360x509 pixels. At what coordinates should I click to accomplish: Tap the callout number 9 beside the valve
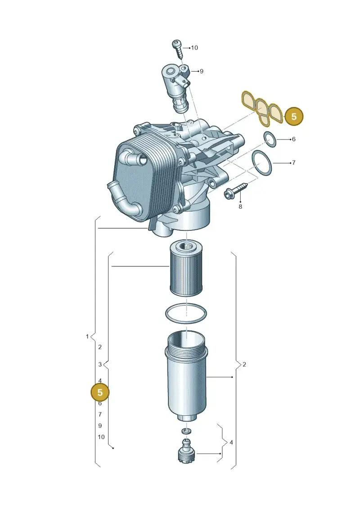tap(201, 71)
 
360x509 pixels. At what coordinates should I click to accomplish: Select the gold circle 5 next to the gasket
tap(294, 117)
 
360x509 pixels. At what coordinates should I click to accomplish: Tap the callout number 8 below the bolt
tap(240, 207)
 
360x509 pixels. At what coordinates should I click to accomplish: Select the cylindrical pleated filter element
tap(186, 270)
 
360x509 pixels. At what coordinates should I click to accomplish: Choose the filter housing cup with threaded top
tap(186, 377)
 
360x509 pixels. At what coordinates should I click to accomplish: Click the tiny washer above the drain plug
tap(187, 431)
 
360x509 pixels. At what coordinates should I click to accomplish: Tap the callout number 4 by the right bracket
tap(231, 442)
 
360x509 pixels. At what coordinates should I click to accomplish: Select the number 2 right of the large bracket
tap(244, 365)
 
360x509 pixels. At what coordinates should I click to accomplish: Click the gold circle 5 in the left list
tap(100, 392)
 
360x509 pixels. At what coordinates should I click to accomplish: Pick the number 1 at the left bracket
tap(87, 337)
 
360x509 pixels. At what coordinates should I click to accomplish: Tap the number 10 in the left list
tap(101, 437)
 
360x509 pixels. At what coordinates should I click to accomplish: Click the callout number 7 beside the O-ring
tap(294, 162)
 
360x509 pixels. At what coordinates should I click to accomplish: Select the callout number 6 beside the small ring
tap(294, 139)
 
